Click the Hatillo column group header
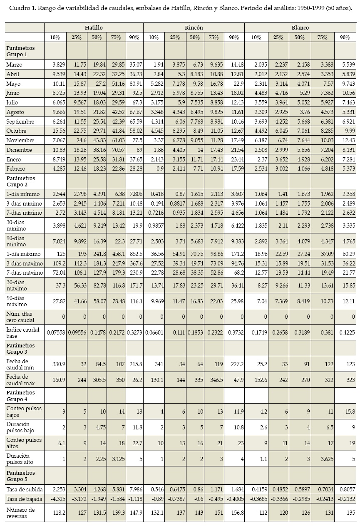(x=94, y=27)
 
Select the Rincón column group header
(x=194, y=27)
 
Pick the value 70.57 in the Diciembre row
(x=117, y=150)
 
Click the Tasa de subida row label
(x=22, y=489)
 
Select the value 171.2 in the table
(x=235, y=254)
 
